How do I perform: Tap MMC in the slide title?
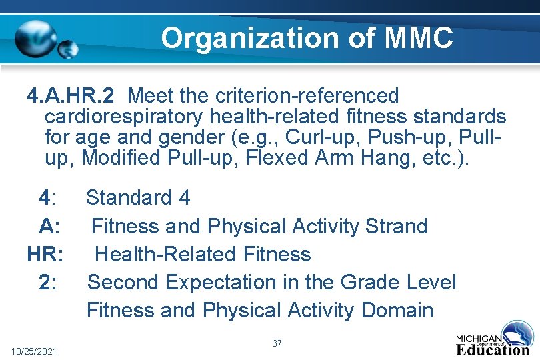pos(419,38)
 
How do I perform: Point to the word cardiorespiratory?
pos(124,117)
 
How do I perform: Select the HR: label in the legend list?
pos(46,254)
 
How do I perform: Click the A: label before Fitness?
pos(51,226)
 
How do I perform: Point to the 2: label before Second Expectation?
pos(48,282)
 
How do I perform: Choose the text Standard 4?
pos(138,197)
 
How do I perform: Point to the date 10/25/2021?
pos(35,351)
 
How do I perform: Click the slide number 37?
pos(277,343)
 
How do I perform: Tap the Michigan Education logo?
pos(494,339)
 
